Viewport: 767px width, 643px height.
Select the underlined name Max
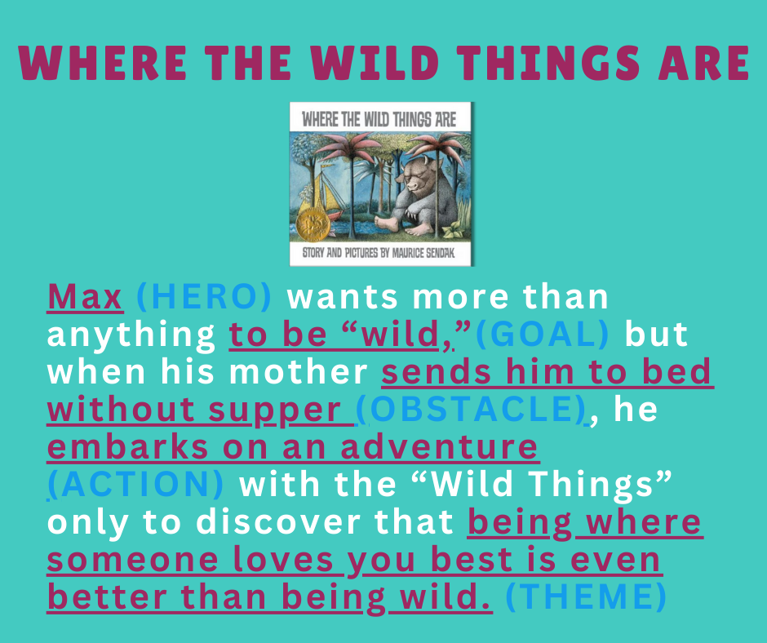pyautogui.click(x=85, y=298)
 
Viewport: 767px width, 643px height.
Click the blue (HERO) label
pyautogui.click(x=204, y=298)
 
